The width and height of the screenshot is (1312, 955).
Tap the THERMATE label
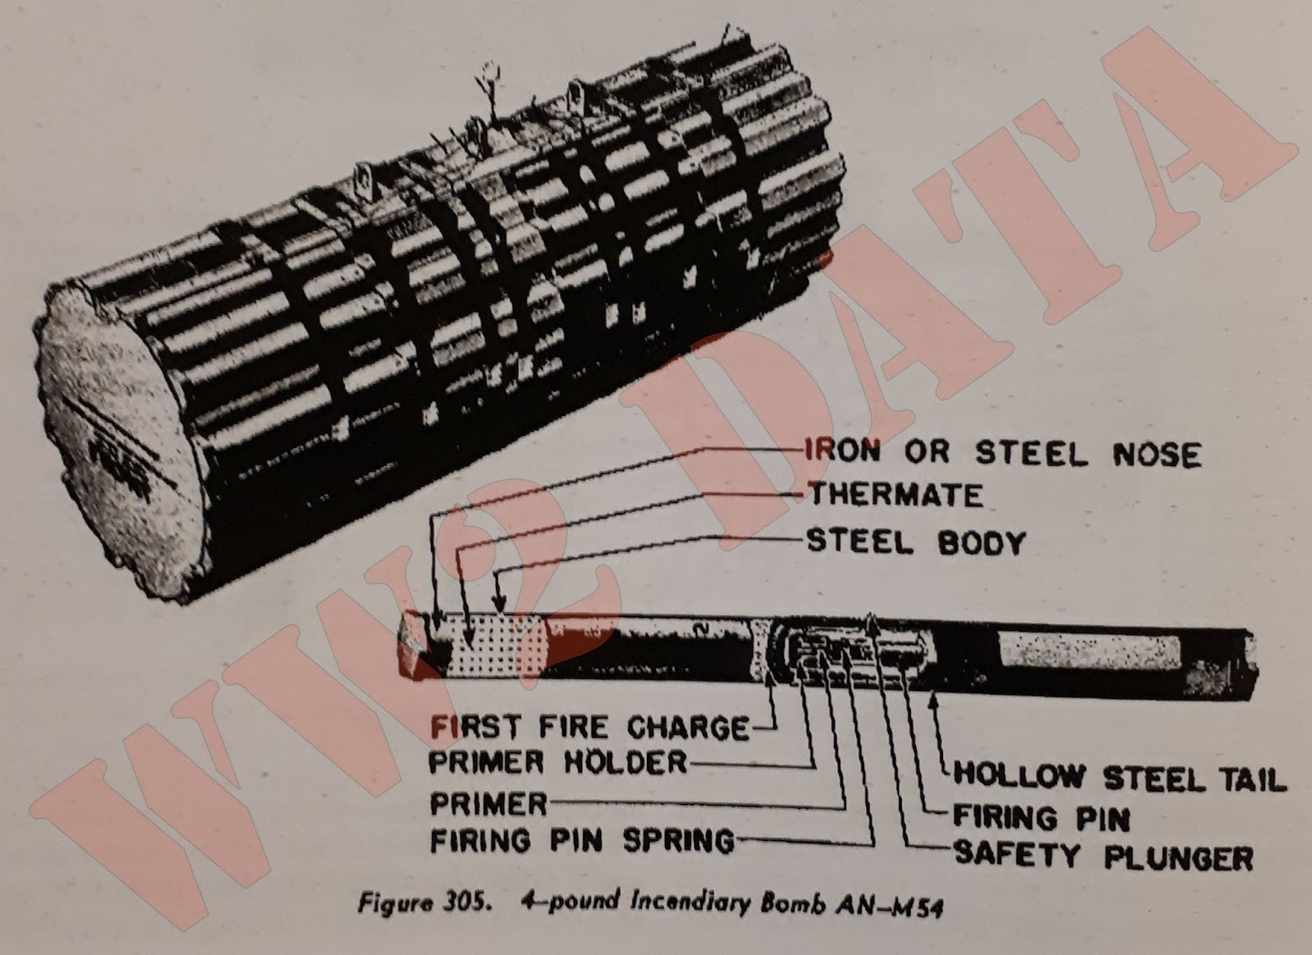point(895,495)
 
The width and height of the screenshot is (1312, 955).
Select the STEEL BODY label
point(916,542)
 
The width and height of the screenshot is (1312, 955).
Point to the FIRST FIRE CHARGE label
point(590,727)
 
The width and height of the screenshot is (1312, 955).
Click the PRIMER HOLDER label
point(558,763)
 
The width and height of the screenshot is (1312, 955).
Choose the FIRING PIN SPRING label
point(582,840)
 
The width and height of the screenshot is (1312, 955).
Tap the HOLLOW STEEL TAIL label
point(1119,777)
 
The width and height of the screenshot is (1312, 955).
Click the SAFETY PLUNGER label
point(1103,856)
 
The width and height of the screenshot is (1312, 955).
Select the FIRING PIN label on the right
point(1041,817)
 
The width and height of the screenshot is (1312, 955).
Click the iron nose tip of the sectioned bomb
point(414,646)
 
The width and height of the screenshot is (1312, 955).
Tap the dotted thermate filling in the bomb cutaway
point(492,648)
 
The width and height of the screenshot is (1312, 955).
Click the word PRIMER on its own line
point(488,802)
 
